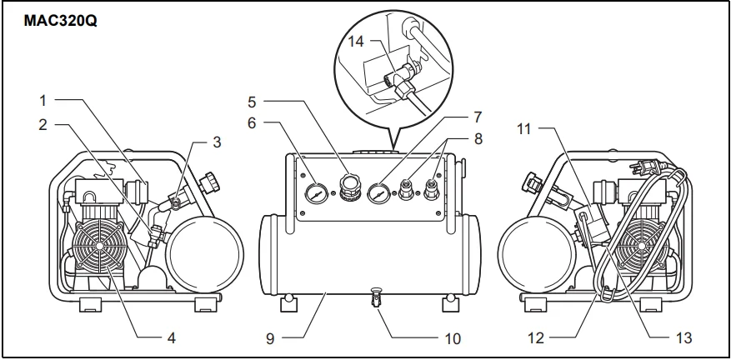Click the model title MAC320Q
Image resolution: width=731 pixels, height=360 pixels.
click(61, 17)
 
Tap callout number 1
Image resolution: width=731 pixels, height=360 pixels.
click(43, 101)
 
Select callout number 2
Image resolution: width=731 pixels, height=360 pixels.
click(43, 126)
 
